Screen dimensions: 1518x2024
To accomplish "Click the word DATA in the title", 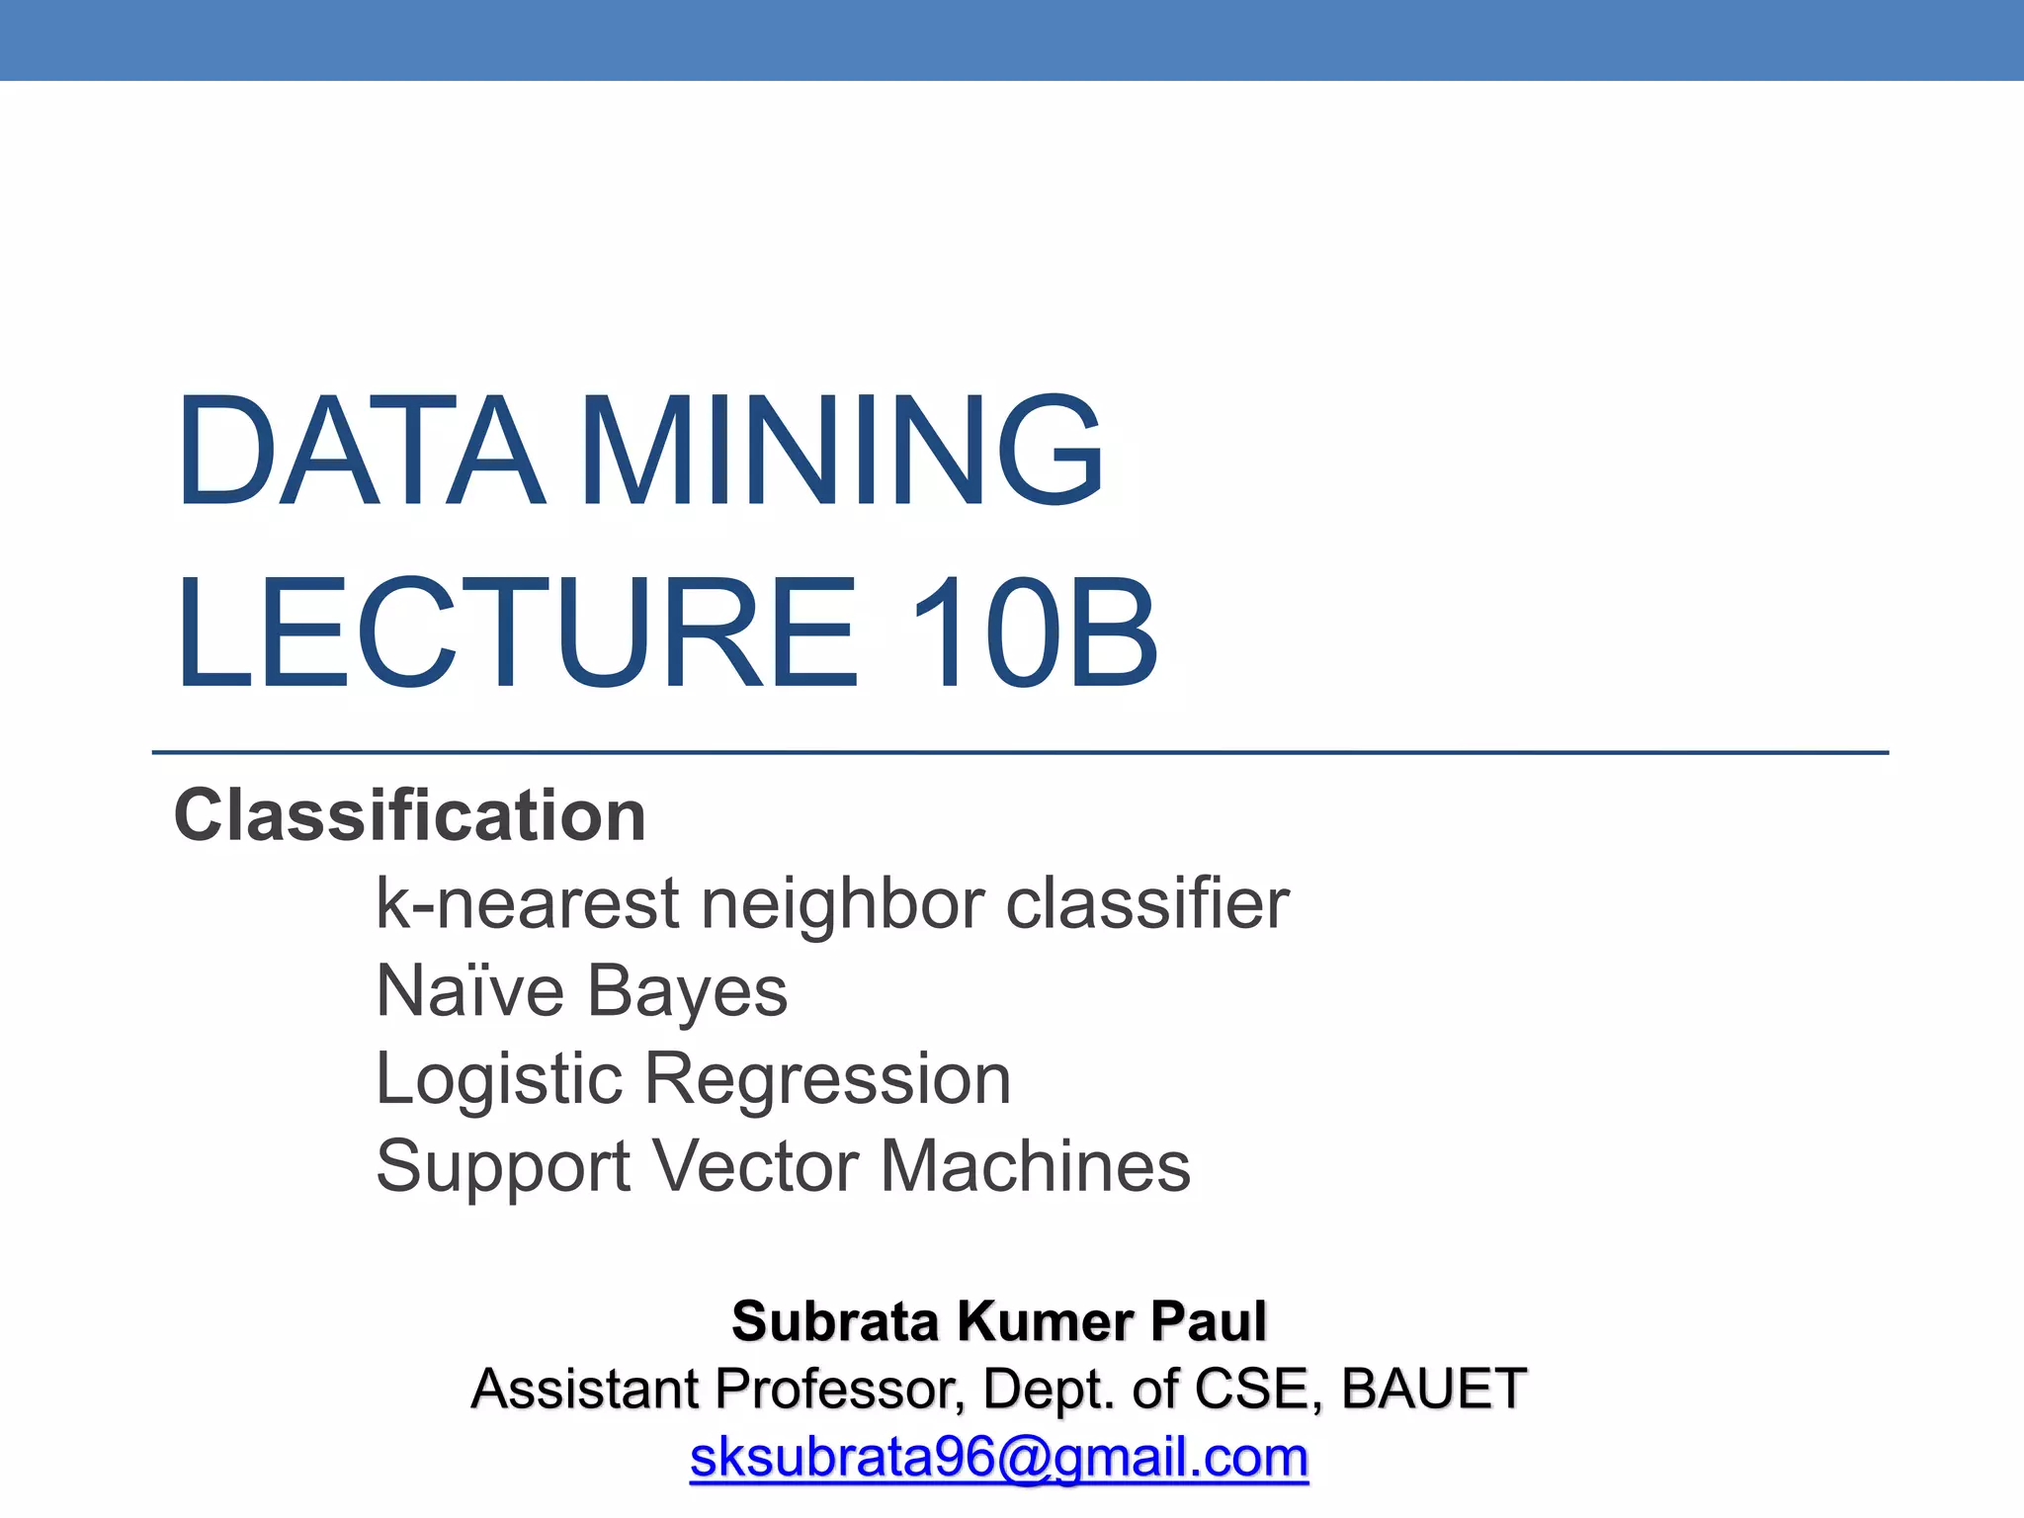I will (x=360, y=452).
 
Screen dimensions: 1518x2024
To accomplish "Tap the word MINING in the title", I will (x=841, y=452).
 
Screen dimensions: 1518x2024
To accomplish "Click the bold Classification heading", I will (x=410, y=815).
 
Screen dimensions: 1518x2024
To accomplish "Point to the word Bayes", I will (x=688, y=992).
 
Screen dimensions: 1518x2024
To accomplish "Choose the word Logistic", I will (x=499, y=1078).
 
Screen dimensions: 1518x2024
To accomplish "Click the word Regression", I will (x=828, y=1078).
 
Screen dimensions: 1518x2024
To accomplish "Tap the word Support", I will (x=503, y=1167).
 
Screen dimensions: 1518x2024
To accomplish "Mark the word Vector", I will (x=756, y=1165).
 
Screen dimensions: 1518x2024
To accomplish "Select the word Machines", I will (x=1035, y=1165).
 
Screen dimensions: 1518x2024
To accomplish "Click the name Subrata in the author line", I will (x=835, y=1321).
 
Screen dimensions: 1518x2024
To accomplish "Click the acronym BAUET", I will (x=1434, y=1389).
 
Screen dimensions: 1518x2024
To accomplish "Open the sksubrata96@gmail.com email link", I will (x=999, y=1458).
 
